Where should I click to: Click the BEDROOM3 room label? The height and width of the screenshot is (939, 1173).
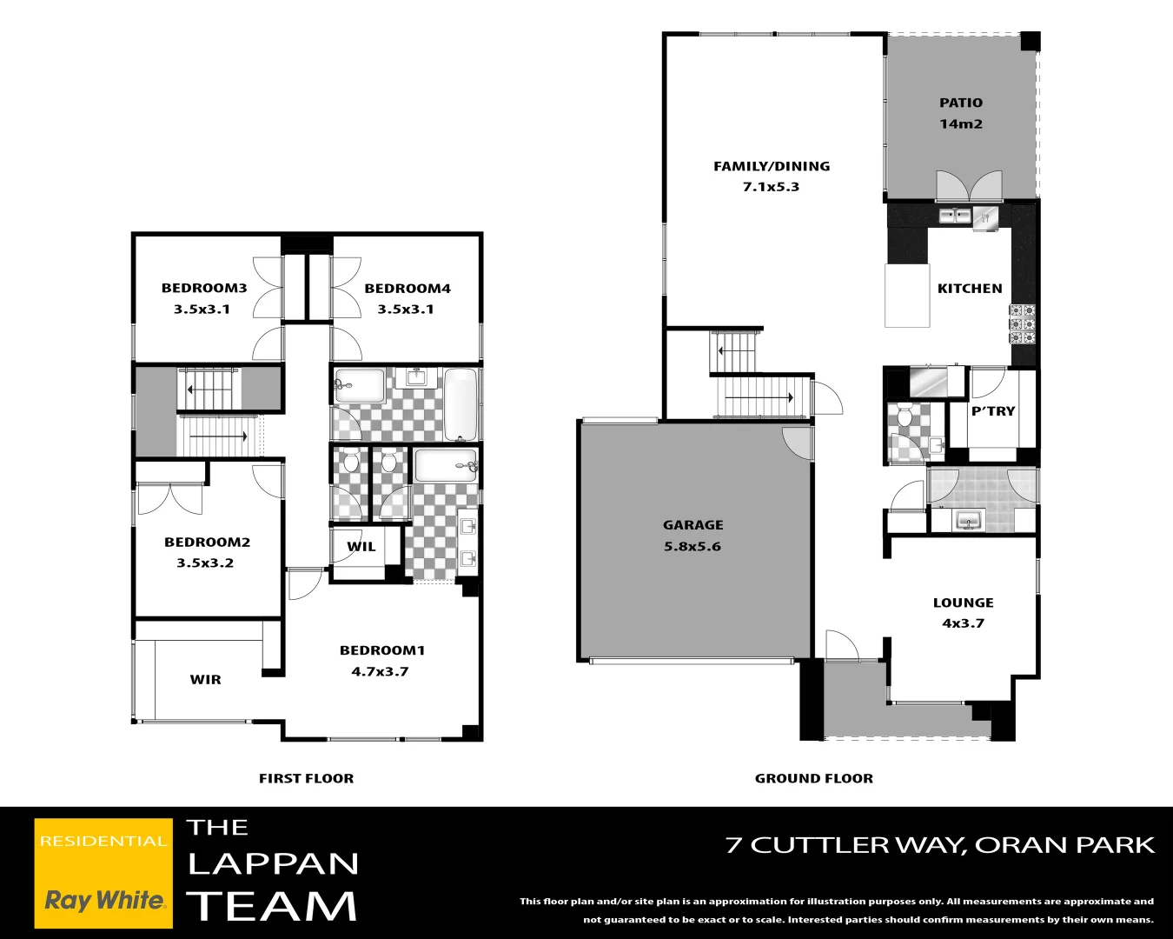tap(204, 288)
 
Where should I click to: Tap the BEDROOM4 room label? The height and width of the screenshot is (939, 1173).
tap(408, 288)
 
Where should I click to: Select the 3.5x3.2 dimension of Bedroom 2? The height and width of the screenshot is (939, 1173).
tap(205, 563)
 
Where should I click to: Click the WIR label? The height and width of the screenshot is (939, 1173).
tap(206, 679)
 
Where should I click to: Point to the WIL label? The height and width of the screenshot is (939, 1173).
tap(361, 546)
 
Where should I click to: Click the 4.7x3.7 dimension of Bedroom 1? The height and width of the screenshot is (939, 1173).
tap(380, 671)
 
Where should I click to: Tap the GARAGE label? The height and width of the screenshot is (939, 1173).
tap(693, 524)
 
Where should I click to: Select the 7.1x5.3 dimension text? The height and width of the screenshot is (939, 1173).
tap(771, 186)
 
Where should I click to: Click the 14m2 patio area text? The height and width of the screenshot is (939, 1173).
tap(961, 123)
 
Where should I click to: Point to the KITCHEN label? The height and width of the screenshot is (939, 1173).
tap(970, 288)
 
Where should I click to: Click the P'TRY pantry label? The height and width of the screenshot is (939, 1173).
tap(993, 410)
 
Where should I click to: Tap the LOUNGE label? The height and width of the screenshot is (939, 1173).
tap(963, 602)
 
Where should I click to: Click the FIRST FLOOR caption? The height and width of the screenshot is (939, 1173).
tap(306, 778)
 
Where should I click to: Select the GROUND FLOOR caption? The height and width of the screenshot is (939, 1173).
tap(813, 778)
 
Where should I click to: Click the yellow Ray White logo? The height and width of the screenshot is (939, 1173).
tap(103, 873)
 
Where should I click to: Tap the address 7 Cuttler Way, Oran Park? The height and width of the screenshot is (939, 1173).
tap(940, 845)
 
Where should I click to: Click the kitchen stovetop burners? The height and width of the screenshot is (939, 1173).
tap(1022, 324)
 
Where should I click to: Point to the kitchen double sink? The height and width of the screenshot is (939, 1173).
tap(954, 216)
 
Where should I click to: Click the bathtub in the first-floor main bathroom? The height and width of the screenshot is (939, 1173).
tap(461, 404)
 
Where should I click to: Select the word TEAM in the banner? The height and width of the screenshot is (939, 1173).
tap(272, 906)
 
